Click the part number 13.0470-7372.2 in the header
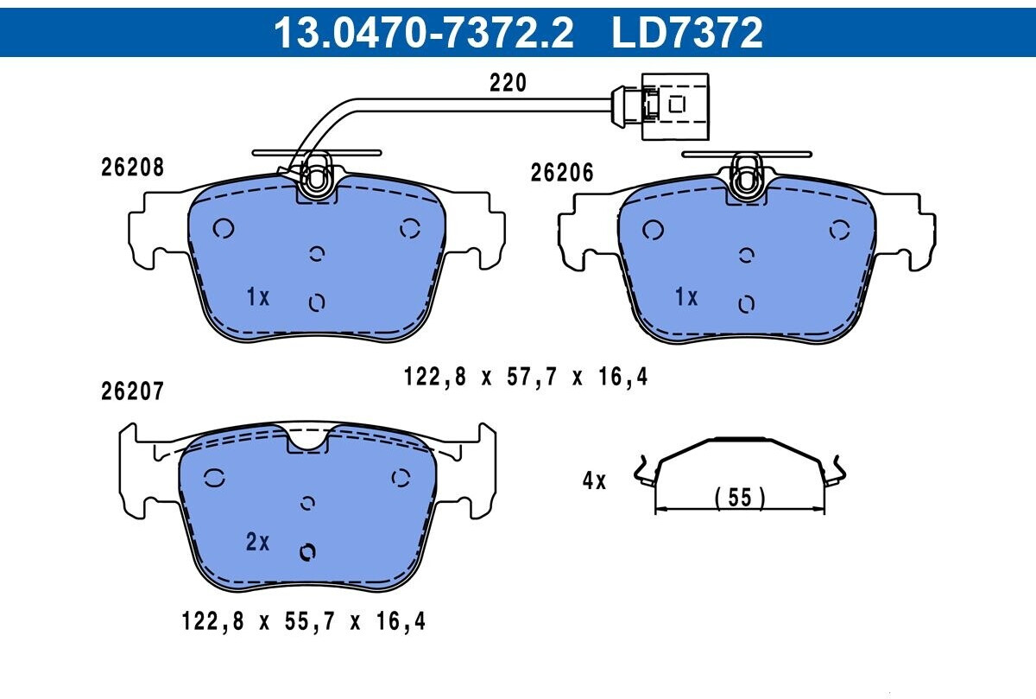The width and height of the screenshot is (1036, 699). (x=423, y=33)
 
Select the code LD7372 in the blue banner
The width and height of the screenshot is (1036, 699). (x=687, y=33)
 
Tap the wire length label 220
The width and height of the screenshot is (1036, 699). (x=508, y=83)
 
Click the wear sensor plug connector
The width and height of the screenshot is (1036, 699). (x=660, y=106)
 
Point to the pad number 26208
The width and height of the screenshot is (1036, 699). (x=132, y=167)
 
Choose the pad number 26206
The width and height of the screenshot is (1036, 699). (x=561, y=173)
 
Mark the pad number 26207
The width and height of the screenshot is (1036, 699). (x=132, y=391)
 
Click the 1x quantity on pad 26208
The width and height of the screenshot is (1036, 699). (x=257, y=296)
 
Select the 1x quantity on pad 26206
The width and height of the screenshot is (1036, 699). (x=686, y=296)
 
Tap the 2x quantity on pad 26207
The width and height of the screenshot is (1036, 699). (x=257, y=541)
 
